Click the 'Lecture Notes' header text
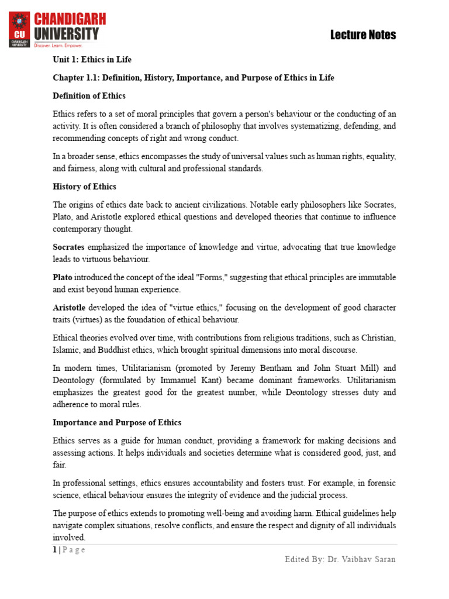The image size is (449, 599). [x=363, y=35]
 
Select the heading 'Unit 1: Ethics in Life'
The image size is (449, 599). [x=92, y=60]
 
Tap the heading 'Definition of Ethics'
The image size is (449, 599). [x=89, y=95]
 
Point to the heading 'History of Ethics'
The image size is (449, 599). [x=84, y=187]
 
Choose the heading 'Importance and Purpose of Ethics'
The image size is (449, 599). [x=117, y=422]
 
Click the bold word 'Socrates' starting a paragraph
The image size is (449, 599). [x=68, y=247]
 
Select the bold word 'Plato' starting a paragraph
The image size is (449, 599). [x=63, y=277]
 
